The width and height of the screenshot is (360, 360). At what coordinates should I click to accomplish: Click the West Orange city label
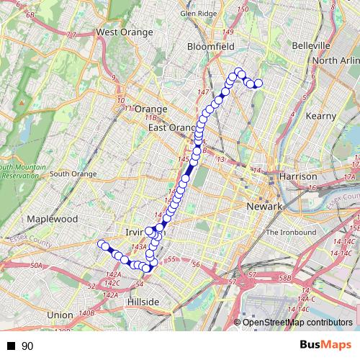125,32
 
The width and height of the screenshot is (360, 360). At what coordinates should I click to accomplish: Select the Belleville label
311,45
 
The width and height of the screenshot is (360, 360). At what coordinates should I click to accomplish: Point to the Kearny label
321,116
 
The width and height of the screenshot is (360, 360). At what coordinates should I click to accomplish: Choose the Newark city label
262,207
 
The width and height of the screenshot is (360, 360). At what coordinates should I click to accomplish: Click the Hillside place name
143,301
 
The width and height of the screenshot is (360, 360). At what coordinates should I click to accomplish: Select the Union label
59,315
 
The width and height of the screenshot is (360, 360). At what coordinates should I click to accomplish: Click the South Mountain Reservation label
22,172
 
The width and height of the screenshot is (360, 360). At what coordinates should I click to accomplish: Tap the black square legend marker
11,346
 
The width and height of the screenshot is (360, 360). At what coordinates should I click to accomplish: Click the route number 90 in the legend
27,346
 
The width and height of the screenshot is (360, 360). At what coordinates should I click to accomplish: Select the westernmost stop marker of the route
102,243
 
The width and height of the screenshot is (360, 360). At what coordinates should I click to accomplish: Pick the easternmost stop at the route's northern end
258,84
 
